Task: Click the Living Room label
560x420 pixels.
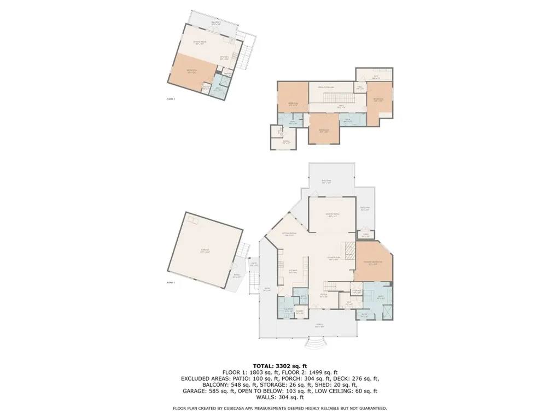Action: point(335,259)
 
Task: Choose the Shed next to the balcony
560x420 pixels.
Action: point(366,235)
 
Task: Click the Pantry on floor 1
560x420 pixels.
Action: point(300,312)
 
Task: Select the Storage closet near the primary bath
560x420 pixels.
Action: point(356,291)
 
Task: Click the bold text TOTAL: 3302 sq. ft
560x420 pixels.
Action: point(280,366)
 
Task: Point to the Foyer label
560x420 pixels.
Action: point(323,296)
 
